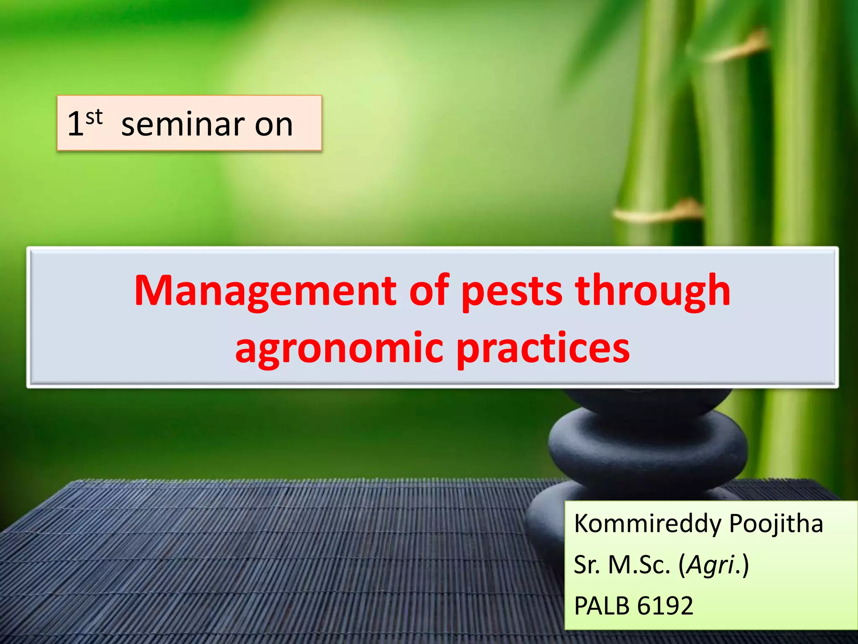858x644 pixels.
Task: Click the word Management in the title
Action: point(265,291)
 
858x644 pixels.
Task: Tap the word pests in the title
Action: point(512,291)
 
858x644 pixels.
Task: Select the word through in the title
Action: point(653,291)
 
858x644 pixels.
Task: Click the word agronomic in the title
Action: point(339,349)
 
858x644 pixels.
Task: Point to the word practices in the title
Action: point(543,349)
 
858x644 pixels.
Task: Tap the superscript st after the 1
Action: point(94,117)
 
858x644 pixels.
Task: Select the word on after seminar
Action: point(274,125)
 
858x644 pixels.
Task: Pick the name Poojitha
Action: point(776,524)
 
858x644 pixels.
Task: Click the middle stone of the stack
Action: point(648,447)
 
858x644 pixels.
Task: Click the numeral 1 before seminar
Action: point(75,125)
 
